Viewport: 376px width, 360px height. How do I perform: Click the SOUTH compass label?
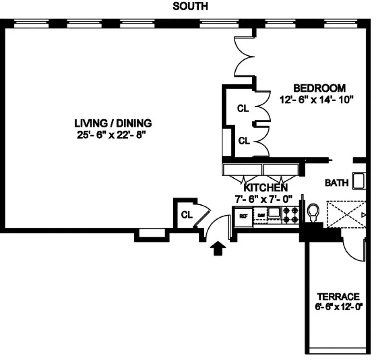[190, 7]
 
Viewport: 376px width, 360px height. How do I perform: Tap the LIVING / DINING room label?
[113, 123]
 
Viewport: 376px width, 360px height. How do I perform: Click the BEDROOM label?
[319, 88]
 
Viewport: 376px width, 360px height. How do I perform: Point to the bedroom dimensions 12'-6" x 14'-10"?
[317, 99]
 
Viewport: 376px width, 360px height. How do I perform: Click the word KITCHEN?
[265, 188]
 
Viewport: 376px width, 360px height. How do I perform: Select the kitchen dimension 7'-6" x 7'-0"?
[264, 198]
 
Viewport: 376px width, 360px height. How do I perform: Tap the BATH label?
[336, 183]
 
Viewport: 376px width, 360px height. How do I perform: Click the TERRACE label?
[338, 297]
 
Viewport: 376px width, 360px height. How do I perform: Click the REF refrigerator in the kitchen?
[243, 216]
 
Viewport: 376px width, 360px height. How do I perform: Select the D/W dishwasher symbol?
[261, 216]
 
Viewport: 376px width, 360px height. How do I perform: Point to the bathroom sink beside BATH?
[358, 181]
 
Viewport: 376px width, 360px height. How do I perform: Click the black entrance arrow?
[217, 248]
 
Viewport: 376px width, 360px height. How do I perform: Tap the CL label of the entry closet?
[187, 215]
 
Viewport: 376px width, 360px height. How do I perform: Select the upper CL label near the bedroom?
[243, 108]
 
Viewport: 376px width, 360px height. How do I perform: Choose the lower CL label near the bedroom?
[244, 141]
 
